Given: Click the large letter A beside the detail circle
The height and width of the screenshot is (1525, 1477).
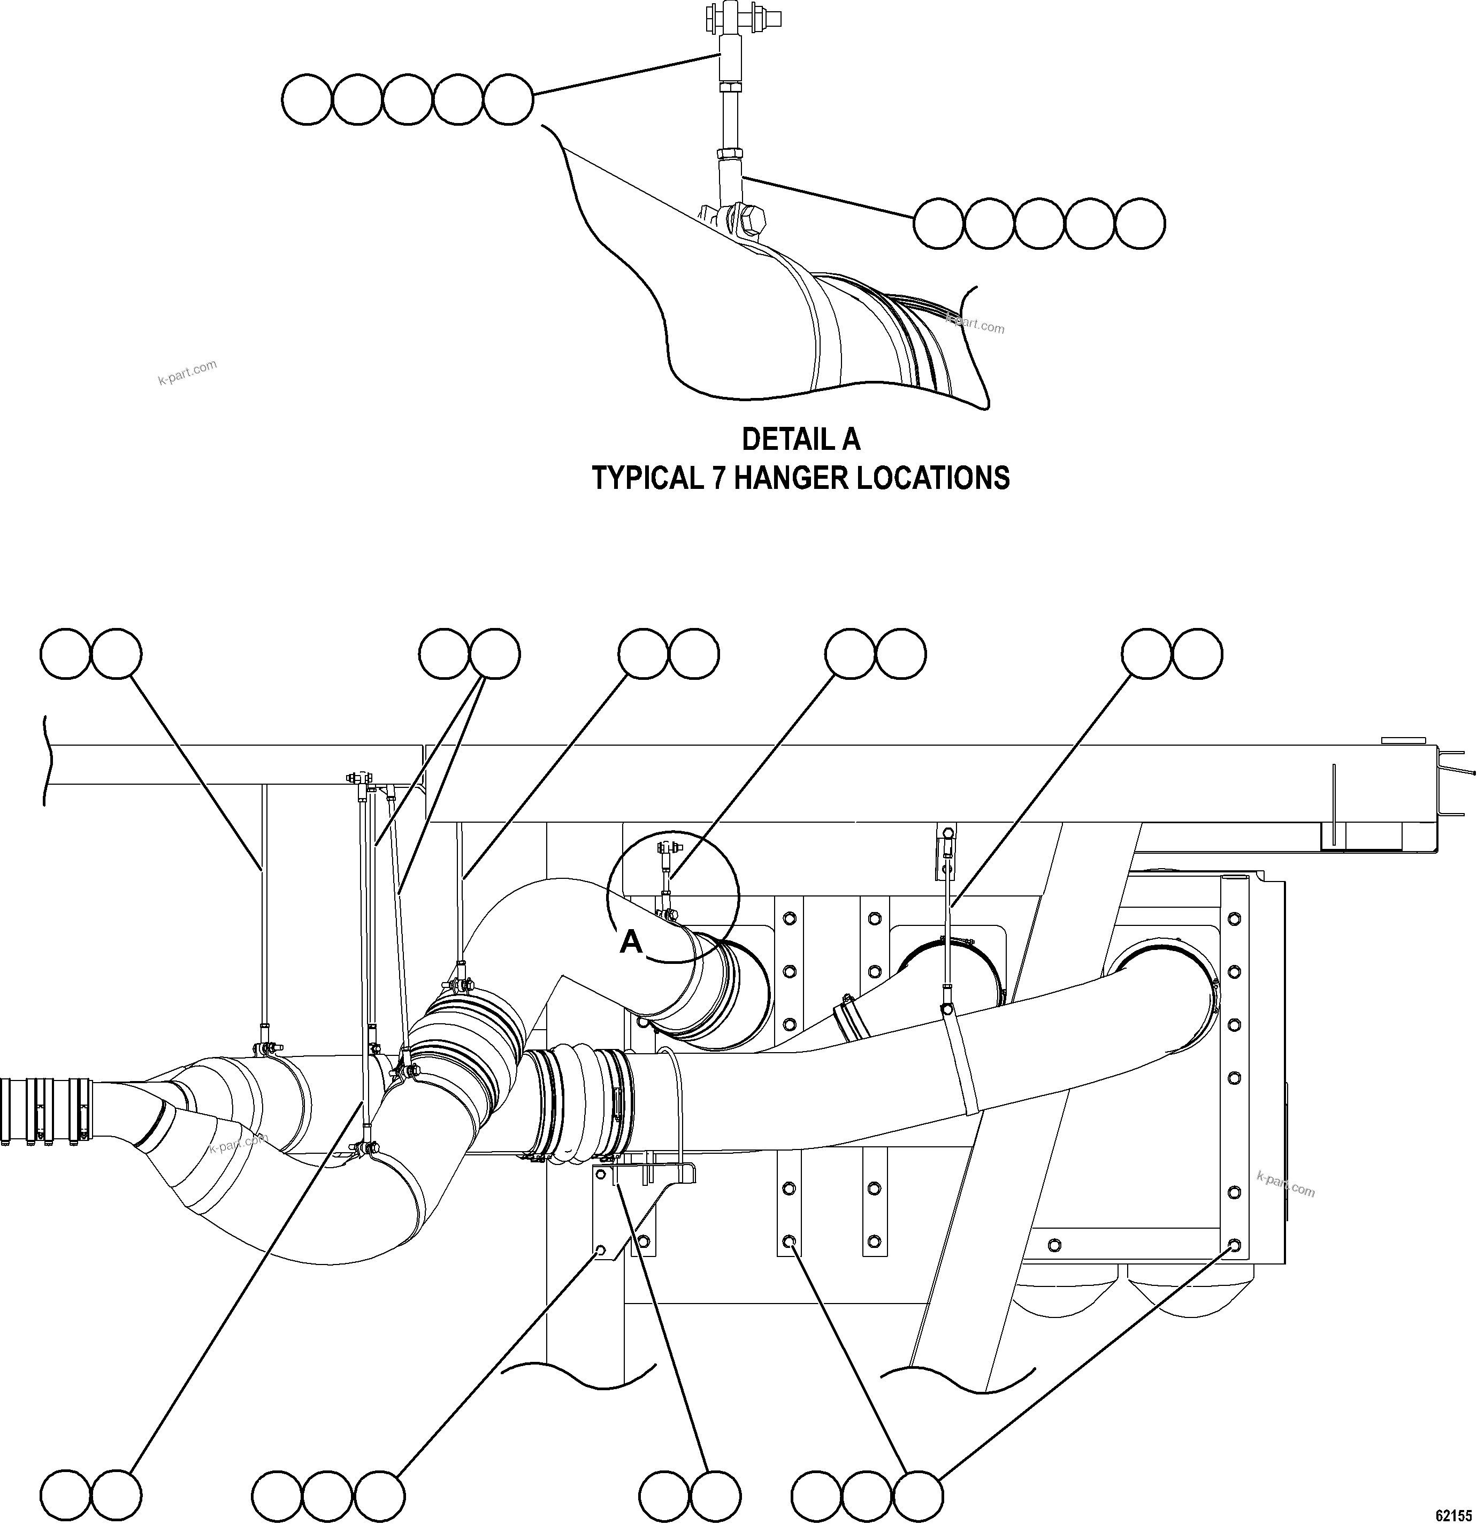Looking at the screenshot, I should (631, 942).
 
